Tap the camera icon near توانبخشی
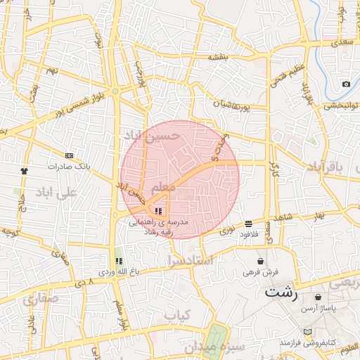pos(346,84)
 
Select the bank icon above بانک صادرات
pos(68,155)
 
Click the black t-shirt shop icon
pos(25,171)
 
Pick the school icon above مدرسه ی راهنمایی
pos(158,210)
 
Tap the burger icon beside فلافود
pos(248,224)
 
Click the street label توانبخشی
pos(340,105)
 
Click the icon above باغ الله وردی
pos(119,261)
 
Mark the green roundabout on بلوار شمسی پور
pos(115,91)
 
